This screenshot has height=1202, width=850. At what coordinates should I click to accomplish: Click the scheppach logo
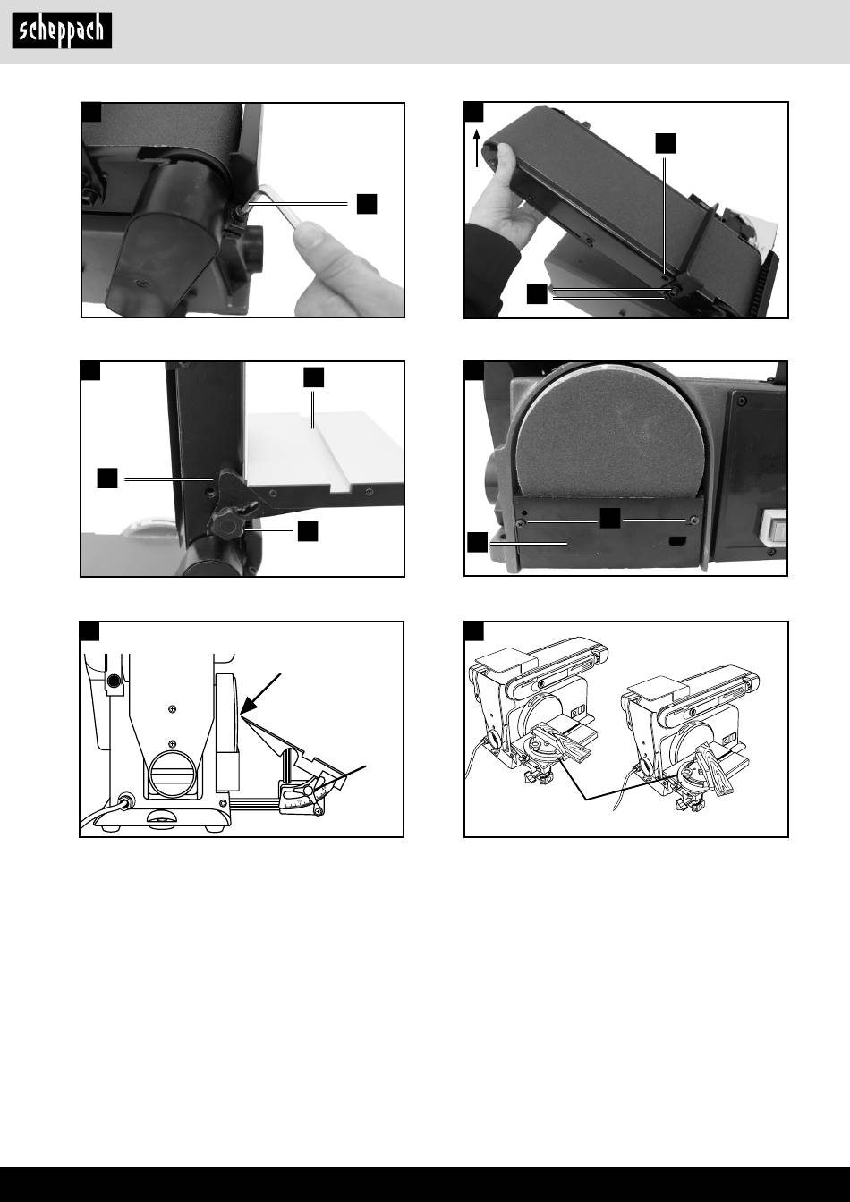coord(62,30)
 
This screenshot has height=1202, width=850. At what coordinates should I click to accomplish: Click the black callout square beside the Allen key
coord(367,204)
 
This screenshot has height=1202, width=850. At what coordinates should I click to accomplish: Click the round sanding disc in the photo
coord(610,429)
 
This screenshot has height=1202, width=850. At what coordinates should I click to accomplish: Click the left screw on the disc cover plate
coord(519,522)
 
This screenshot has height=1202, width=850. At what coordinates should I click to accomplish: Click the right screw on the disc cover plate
coord(693,520)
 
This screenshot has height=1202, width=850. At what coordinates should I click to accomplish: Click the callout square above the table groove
coord(313,377)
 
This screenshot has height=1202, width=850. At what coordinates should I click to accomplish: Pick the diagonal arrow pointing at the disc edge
coord(260,694)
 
